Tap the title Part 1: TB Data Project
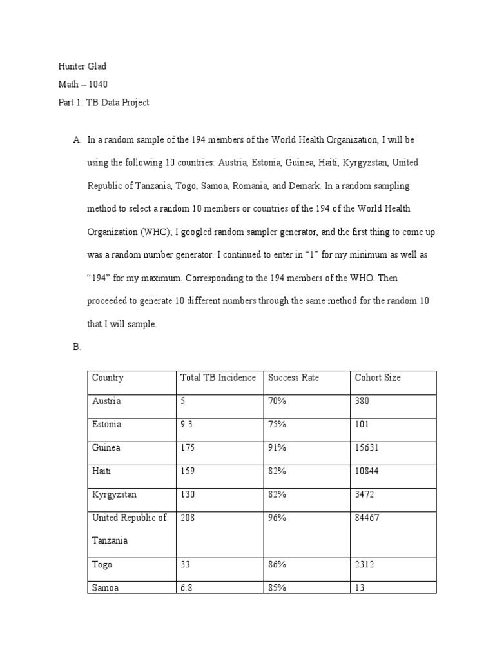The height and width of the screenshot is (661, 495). coord(103,103)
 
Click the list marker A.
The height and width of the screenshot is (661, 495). coord(77,139)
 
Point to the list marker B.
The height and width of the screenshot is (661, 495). coord(77,347)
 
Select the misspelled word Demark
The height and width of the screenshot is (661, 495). coord(304,186)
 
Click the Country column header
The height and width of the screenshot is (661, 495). coord(108,378)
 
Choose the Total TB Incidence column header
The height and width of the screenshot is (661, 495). coord(218,378)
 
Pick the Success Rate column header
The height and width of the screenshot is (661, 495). coord(293,378)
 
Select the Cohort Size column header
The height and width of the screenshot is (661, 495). coord(378,378)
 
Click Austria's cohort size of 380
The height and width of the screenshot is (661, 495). coord(362,401)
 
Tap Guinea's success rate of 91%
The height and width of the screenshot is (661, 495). coord(277,448)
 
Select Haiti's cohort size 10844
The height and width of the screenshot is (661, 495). coord(367,471)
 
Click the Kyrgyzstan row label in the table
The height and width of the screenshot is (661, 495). coord(115,494)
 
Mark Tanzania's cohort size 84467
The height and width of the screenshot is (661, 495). coord(367,518)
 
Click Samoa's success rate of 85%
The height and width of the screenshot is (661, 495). coord(277,588)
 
